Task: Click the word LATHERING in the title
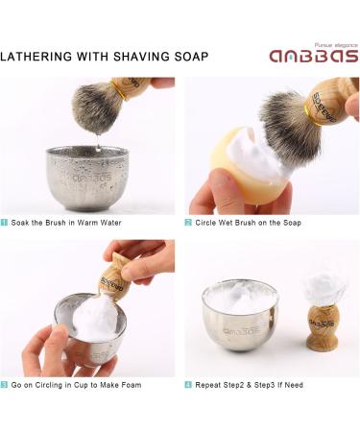[x=38, y=56]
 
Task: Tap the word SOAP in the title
[x=190, y=56]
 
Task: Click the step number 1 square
[x=5, y=223]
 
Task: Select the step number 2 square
[x=189, y=223]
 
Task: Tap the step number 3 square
[x=5, y=385]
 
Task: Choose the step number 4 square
[x=189, y=385]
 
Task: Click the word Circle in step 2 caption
[x=208, y=223]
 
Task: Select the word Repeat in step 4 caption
[x=211, y=385]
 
